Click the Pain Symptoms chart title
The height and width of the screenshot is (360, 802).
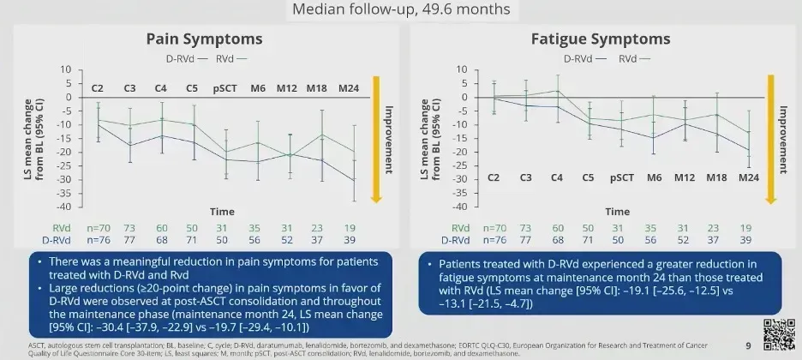click(204, 39)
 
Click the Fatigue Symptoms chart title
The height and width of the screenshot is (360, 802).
click(600, 39)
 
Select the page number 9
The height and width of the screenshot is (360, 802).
click(748, 345)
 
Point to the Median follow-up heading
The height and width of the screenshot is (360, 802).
click(400, 9)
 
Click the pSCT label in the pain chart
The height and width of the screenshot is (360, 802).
click(226, 87)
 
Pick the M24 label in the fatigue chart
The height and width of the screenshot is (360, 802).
click(750, 178)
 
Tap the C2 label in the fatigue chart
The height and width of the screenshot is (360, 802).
click(494, 178)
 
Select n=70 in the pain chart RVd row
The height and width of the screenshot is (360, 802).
click(99, 228)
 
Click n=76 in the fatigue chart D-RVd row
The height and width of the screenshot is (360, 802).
click(494, 240)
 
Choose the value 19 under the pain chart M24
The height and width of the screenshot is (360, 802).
click(349, 228)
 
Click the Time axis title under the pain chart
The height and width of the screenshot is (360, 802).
click(223, 211)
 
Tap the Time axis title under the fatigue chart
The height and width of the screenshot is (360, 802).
click(617, 211)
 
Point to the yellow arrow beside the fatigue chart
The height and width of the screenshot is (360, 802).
click(770, 137)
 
